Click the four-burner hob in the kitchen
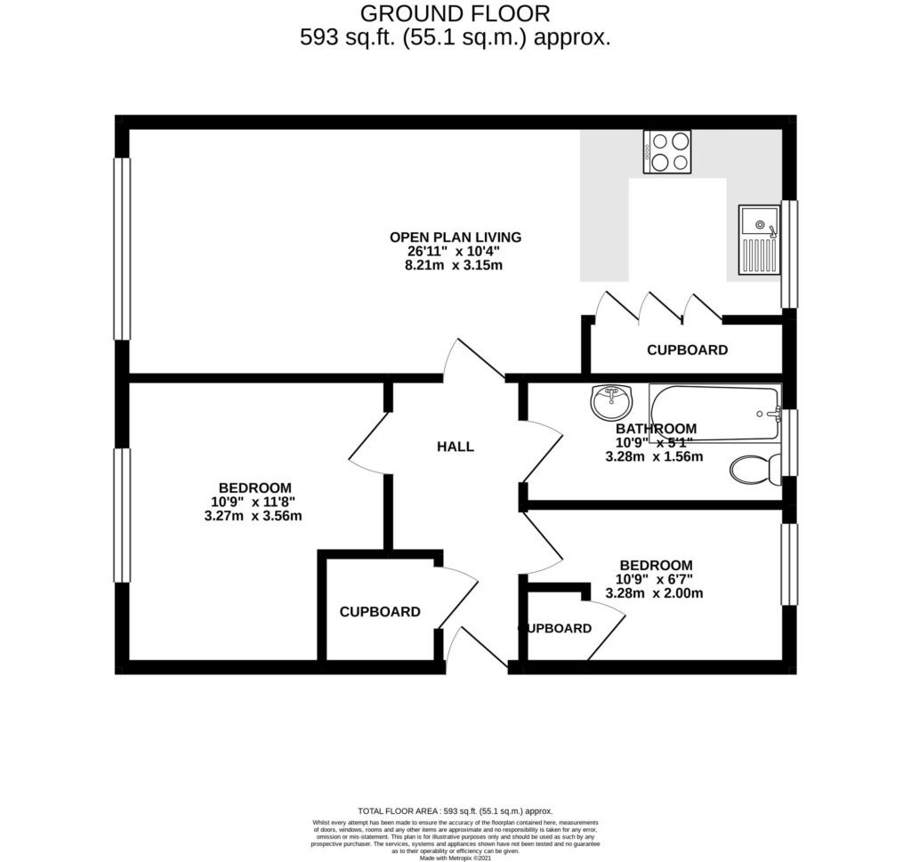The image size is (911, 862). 667,151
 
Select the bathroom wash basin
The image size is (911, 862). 610,403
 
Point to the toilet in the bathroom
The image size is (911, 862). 754,468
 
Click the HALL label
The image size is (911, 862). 455,447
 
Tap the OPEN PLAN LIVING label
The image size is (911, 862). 455,237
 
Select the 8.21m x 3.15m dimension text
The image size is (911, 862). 455,265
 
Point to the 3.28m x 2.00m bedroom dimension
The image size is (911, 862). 655,593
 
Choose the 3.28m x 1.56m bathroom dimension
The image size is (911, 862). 655,457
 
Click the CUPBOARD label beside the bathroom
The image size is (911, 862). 687,350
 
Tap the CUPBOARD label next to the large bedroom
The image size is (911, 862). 380,612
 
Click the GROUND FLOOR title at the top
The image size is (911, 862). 455,13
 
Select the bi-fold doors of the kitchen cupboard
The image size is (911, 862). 658,306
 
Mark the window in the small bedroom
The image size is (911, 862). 788,565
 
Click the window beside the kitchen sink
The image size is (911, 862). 788,254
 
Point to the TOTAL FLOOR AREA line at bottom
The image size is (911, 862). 455,810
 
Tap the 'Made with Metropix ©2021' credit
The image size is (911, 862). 455,858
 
